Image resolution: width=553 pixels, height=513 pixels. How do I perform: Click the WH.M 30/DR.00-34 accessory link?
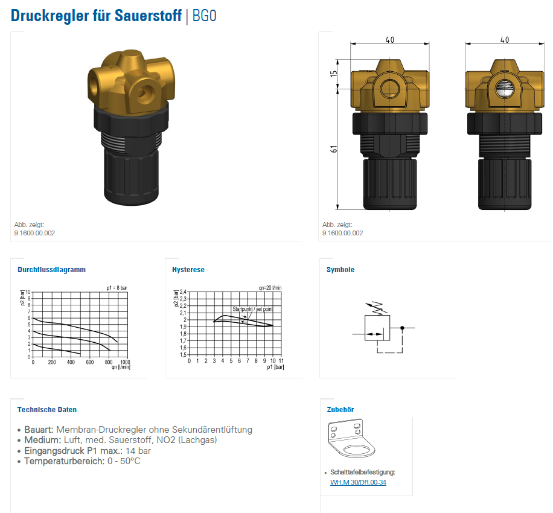coord(358,482)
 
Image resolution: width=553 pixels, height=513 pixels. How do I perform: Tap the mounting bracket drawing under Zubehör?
coord(351,438)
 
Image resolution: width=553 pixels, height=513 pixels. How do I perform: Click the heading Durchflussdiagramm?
coord(51,270)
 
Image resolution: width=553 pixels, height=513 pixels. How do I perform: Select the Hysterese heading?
coord(188,270)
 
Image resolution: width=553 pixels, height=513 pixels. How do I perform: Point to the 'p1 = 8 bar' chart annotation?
coord(117,288)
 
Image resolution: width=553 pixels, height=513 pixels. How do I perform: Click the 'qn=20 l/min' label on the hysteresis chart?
coord(270,288)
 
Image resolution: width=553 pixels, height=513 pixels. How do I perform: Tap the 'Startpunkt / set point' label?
coord(252,309)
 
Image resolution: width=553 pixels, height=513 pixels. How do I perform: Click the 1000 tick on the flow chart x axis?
coord(125,362)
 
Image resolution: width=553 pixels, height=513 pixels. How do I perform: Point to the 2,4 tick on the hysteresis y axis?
coord(183,292)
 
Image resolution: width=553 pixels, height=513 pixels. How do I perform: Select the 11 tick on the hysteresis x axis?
coord(281,361)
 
